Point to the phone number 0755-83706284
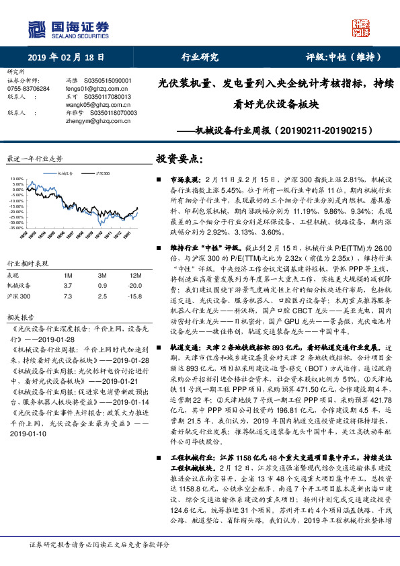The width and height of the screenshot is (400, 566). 28,88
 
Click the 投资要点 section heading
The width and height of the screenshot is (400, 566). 179,159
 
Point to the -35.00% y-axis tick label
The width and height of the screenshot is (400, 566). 15,228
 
